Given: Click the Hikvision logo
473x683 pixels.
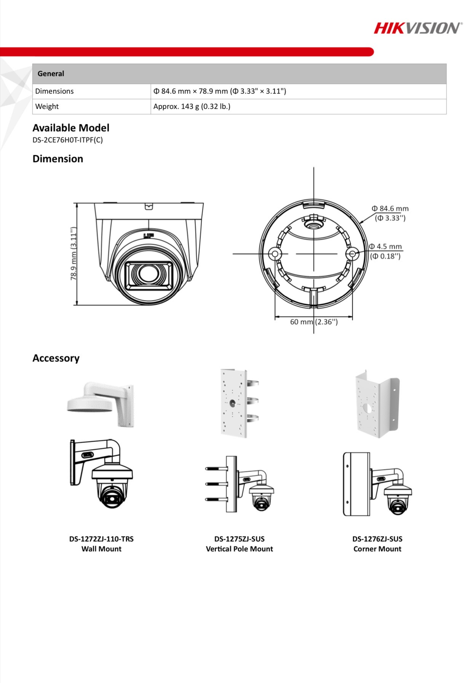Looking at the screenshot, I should (417, 28).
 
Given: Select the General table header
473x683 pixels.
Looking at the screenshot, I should (51, 74).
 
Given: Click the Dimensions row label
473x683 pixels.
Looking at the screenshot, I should (54, 91).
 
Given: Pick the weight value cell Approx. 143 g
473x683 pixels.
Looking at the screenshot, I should (192, 107).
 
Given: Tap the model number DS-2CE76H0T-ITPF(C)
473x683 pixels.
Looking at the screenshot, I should (67, 140).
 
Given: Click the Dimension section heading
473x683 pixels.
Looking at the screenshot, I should (58, 159).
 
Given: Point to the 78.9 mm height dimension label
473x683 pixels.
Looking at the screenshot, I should (74, 253).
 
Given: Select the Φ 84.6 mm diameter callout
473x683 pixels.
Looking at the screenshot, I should (390, 213).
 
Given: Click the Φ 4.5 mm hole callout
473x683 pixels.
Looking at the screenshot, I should (385, 251).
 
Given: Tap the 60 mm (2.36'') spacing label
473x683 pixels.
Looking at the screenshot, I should (314, 322).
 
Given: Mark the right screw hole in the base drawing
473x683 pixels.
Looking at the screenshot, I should (352, 253).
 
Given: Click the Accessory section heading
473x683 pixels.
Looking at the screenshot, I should (56, 358).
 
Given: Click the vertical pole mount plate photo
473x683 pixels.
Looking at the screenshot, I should (239, 403).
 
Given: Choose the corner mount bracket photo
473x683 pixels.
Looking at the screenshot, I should (377, 403).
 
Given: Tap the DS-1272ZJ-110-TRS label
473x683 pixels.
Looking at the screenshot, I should (101, 539).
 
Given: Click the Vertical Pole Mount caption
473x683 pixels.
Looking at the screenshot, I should (239, 549).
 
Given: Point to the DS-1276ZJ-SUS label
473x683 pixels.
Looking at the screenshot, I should (377, 539).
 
